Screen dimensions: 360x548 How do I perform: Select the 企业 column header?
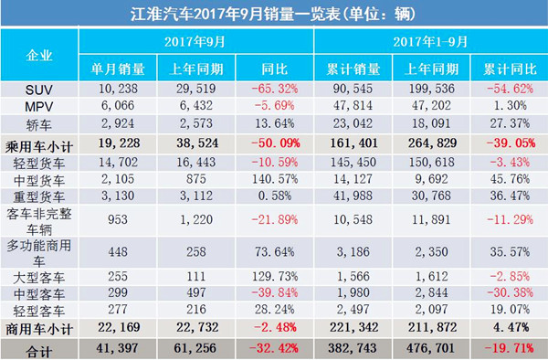tap(40, 56)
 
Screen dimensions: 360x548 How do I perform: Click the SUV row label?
tap(40, 90)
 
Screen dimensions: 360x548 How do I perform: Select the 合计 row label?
tap(40, 348)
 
